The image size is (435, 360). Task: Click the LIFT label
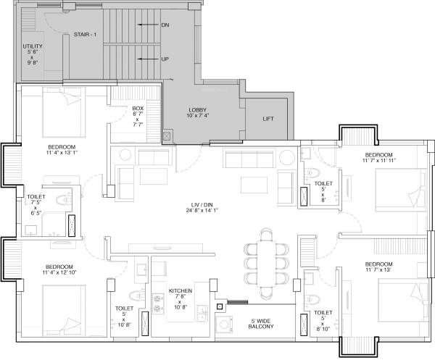269,120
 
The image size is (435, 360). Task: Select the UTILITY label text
33,54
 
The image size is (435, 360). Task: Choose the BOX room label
138,117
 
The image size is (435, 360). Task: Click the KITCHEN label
180,296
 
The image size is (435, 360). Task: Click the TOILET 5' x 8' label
324,189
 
